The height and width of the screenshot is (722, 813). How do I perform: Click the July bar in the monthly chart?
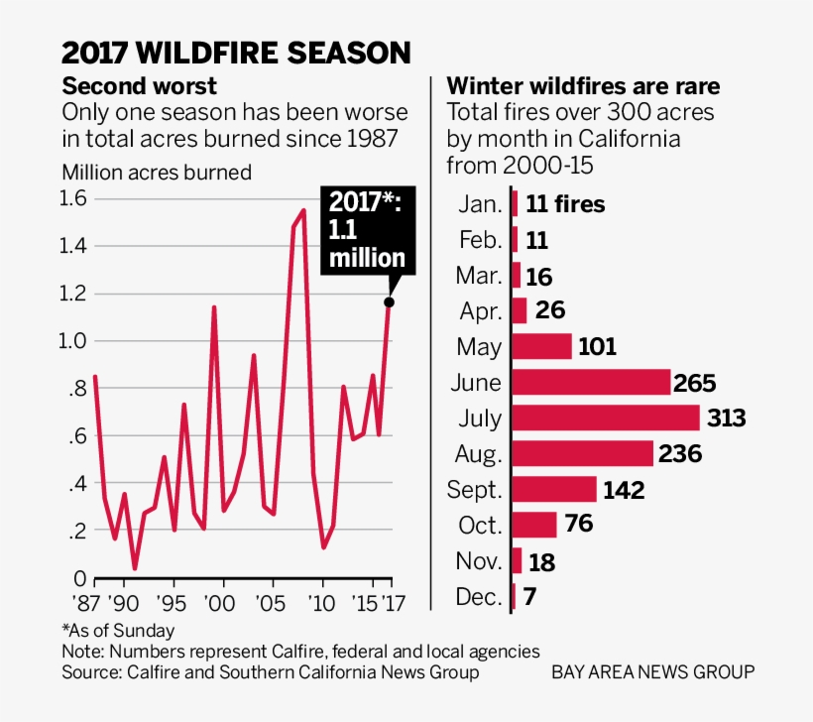click(606, 418)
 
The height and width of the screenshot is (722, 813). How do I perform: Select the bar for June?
click(592, 383)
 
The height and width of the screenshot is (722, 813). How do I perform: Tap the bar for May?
click(542, 347)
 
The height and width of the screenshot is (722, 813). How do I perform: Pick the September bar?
click(554, 490)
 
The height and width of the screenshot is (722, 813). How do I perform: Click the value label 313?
click(726, 419)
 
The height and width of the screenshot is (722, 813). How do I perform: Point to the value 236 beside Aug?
click(680, 454)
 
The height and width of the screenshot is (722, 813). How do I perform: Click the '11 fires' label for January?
click(565, 205)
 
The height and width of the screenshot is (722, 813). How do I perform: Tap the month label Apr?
click(481, 311)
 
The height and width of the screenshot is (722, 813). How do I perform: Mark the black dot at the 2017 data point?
click(390, 302)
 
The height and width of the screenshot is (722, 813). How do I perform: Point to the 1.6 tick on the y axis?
click(76, 198)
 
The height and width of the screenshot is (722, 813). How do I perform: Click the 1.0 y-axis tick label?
click(76, 341)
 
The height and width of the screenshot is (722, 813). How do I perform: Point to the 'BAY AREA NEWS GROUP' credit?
click(654, 672)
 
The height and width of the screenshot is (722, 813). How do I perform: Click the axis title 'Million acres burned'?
click(157, 172)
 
